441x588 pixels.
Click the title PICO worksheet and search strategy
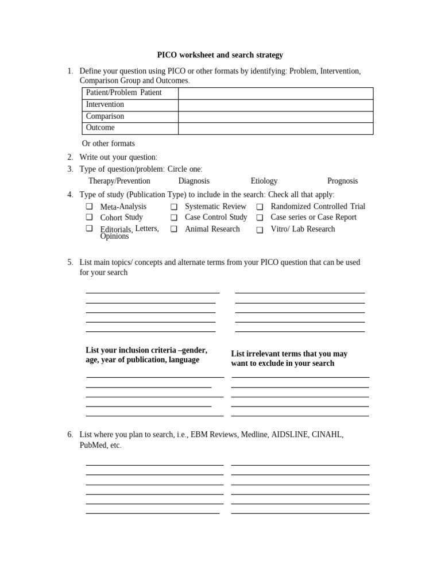(x=220, y=55)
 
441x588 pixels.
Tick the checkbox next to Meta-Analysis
(x=90, y=207)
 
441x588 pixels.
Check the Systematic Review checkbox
(x=174, y=207)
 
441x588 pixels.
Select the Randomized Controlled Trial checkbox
(x=260, y=207)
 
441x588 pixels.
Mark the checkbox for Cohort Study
(x=90, y=217)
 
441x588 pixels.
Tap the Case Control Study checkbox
(x=174, y=218)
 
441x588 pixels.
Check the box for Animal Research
(x=174, y=229)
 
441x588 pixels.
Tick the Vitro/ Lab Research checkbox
(x=260, y=230)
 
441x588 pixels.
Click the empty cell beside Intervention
(x=276, y=105)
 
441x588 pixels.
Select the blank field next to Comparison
(x=276, y=117)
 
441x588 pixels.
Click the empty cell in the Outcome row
(x=276, y=128)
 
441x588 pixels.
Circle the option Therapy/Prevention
(x=119, y=181)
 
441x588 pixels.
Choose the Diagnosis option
(x=194, y=181)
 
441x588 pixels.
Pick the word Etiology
(x=264, y=181)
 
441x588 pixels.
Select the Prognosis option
(x=342, y=181)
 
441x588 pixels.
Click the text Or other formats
(x=109, y=144)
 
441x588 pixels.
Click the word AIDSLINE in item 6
(x=292, y=435)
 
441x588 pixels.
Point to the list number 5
(x=69, y=262)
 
